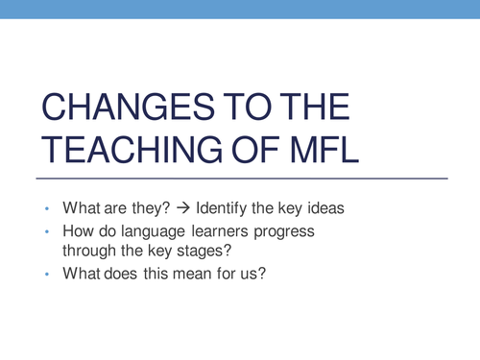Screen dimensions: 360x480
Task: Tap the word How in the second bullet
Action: tap(78, 233)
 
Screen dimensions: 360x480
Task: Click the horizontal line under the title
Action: tap(240, 180)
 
